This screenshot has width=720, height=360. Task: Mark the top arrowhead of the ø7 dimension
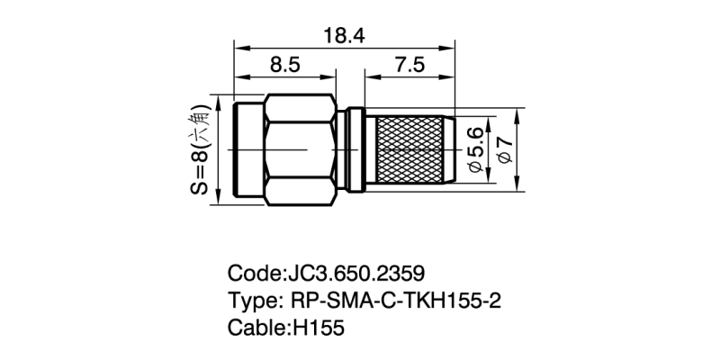coord(517,113)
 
